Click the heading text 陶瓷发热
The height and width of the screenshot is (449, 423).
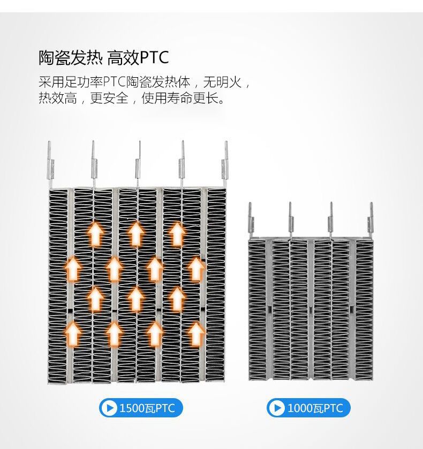[71, 57]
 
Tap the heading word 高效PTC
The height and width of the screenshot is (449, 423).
[138, 57]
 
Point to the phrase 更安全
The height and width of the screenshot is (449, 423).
[109, 99]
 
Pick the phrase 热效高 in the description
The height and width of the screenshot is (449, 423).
[57, 99]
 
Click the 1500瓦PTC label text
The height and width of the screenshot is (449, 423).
[147, 408]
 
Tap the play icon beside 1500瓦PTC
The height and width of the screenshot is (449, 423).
[109, 408]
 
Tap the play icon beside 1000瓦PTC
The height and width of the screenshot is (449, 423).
[277, 408]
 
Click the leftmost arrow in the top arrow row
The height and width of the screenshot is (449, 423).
[95, 234]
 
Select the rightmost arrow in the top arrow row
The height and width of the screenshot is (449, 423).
[177, 234]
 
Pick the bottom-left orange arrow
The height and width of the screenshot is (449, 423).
[74, 333]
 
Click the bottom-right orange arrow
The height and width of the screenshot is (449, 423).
[195, 333]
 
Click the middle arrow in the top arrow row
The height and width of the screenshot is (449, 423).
[136, 234]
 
